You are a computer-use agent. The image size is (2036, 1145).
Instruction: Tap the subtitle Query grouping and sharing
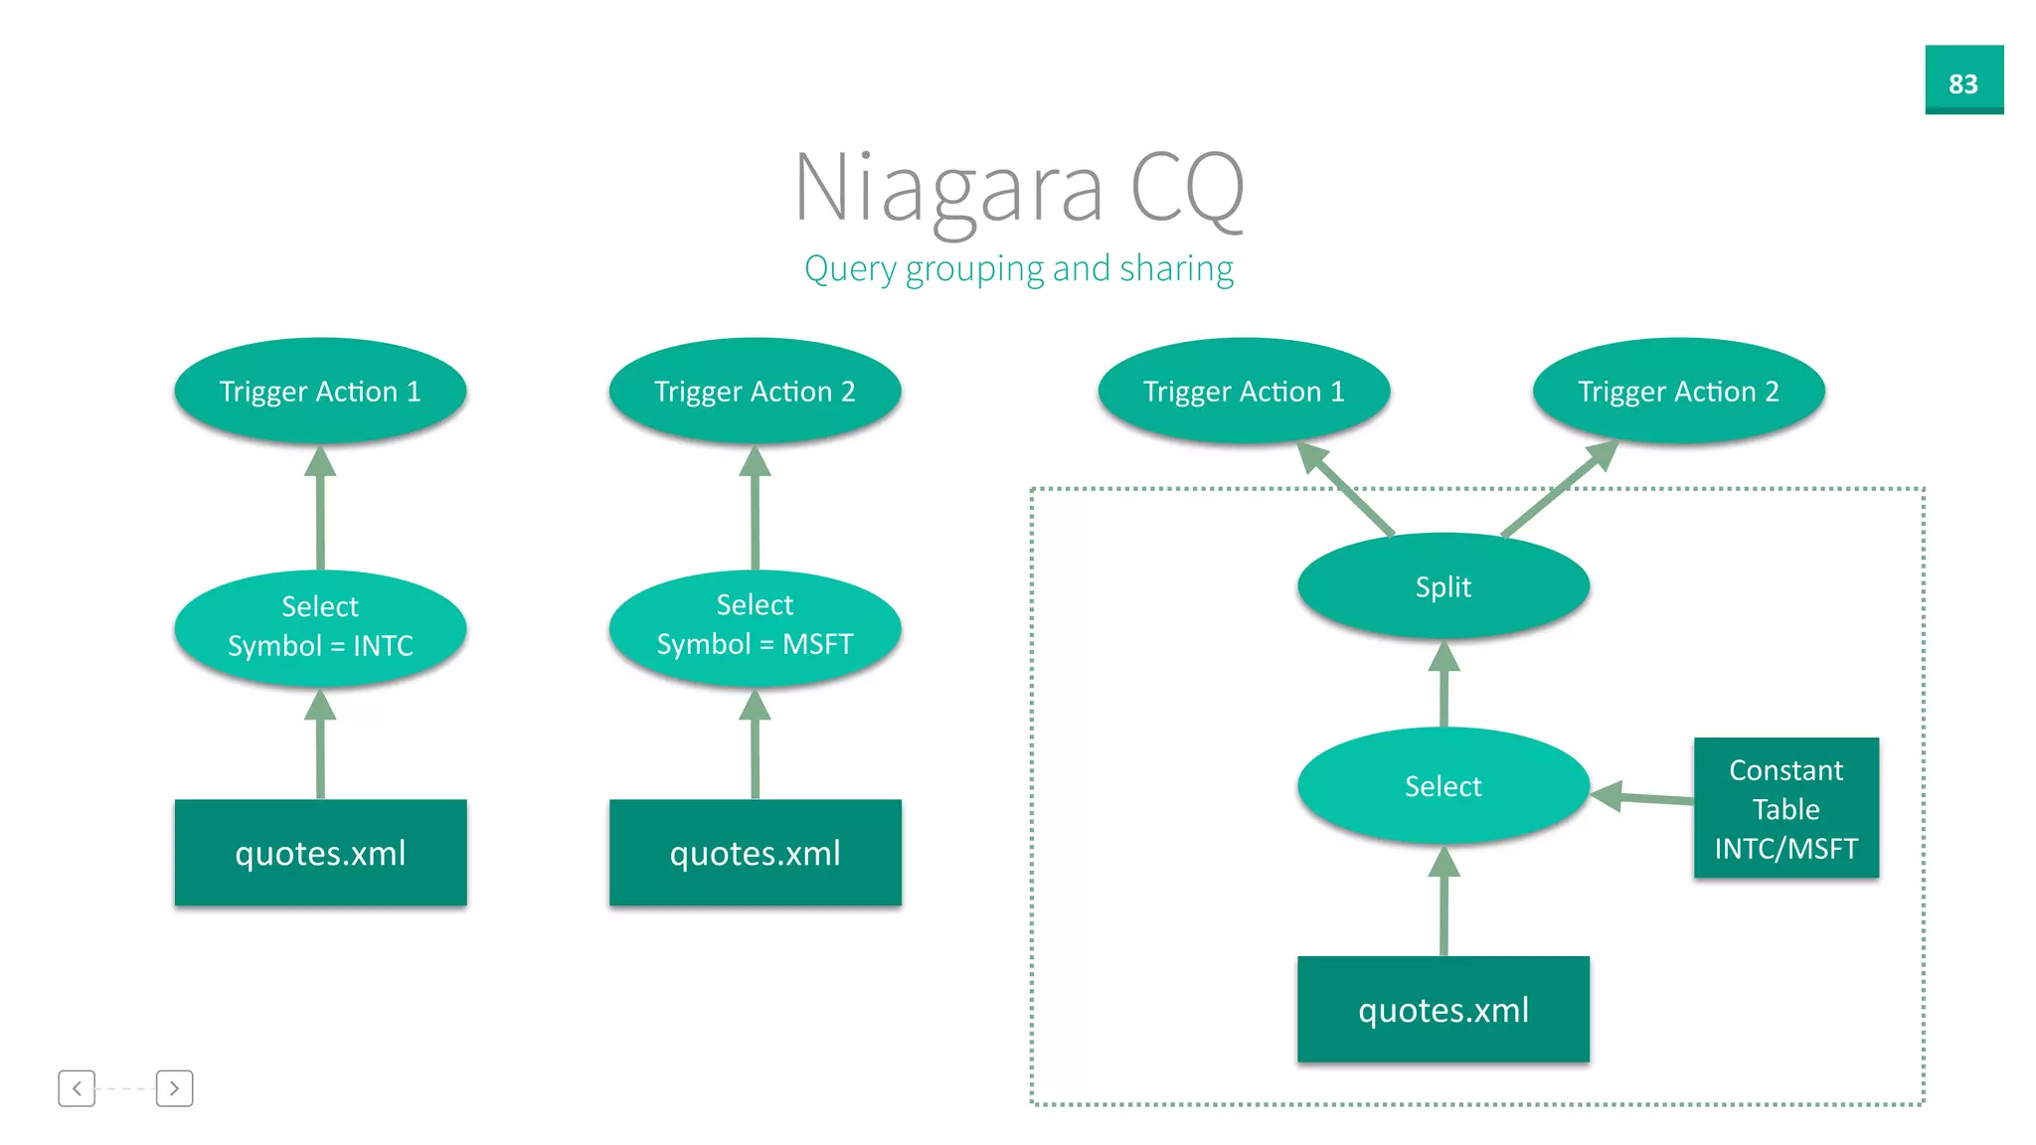point(1019,268)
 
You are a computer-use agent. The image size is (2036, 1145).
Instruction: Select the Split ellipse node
point(1442,586)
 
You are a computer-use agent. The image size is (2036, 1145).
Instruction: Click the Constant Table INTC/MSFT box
point(1785,808)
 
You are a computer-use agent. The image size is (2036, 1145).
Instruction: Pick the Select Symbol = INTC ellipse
point(320,627)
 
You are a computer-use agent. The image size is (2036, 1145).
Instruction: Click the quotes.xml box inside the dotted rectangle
point(1442,1009)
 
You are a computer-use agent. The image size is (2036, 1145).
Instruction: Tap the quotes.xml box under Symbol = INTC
point(320,853)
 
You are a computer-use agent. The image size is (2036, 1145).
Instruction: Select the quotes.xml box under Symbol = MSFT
point(755,853)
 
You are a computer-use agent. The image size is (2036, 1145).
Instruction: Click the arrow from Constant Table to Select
point(1645,797)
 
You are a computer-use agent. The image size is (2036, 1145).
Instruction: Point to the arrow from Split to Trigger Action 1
point(1347,489)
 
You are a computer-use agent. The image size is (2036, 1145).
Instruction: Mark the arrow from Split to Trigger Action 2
point(1558,489)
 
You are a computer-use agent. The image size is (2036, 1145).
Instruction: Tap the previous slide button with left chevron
point(77,1088)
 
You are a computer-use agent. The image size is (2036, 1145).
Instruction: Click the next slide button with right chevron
point(174,1088)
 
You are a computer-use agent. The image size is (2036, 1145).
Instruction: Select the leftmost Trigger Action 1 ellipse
point(320,391)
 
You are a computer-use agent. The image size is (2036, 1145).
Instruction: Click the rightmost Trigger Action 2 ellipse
point(1678,391)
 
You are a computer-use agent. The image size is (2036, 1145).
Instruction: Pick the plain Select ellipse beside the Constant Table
point(1442,785)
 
